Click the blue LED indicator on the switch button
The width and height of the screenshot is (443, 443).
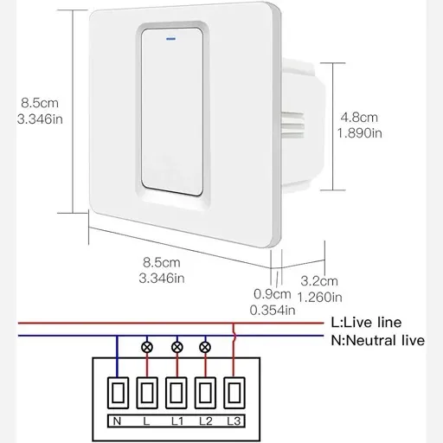pyautogui.click(x=171, y=39)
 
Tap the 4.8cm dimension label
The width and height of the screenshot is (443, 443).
pyautogui.click(x=359, y=118)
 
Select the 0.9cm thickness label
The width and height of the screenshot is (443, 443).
pyautogui.click(x=273, y=294)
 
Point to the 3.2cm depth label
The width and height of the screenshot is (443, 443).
pyautogui.click(x=319, y=281)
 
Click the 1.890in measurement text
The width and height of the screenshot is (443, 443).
pyautogui.click(x=360, y=133)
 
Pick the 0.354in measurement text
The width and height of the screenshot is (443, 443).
pyautogui.click(x=273, y=311)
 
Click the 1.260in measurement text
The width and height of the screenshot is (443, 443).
pyautogui.click(x=320, y=298)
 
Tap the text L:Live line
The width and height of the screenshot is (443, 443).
pyautogui.click(x=366, y=323)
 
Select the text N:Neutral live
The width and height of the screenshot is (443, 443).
pyautogui.click(x=378, y=341)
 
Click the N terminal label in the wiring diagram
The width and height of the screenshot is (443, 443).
pyautogui.click(x=117, y=421)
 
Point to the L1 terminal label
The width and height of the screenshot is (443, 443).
pyautogui.click(x=177, y=421)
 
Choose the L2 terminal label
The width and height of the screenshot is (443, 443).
pyautogui.click(x=206, y=421)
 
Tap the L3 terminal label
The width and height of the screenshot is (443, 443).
pyautogui.click(x=234, y=421)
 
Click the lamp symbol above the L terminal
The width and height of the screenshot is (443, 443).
pyautogui.click(x=147, y=347)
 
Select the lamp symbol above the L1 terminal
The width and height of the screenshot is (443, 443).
pyautogui.click(x=177, y=347)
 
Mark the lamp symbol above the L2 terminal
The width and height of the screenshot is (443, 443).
pyautogui.click(x=205, y=347)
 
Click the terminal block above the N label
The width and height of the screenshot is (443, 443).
pyautogui.click(x=118, y=393)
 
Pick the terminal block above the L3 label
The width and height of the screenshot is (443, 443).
pyautogui.click(x=234, y=393)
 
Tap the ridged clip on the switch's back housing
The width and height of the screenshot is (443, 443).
pyautogui.click(x=292, y=125)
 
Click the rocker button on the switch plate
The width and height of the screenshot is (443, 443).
pyautogui.click(x=172, y=112)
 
